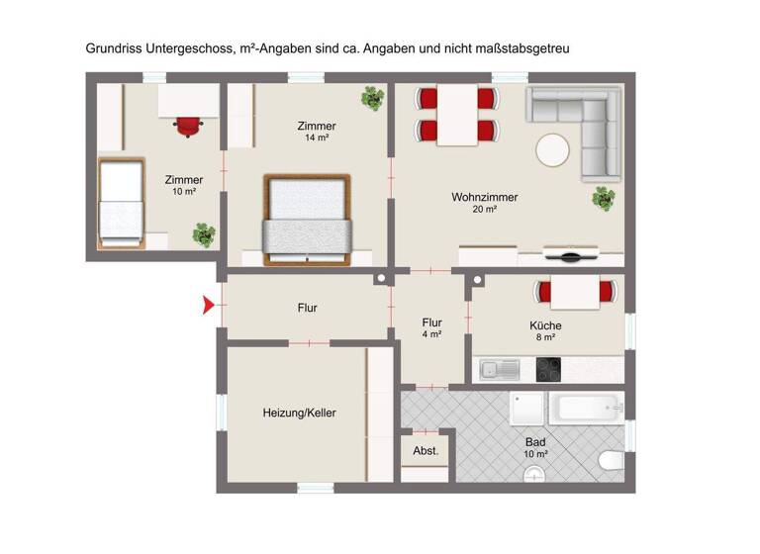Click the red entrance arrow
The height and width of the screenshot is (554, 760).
coord(208,306)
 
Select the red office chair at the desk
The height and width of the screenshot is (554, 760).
coord(188,125)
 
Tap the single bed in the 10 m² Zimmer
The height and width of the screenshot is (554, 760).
coord(123,195)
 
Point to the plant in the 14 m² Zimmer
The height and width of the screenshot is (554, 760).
coord(372,98)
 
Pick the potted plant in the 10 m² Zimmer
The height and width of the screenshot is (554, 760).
coord(204,235)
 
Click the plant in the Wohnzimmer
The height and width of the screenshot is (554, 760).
coord(603,200)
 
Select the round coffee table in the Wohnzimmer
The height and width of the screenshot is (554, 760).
coord(553,151)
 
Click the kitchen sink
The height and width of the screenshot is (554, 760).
coord(501,370)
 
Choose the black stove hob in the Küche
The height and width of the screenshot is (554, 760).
coord(548,369)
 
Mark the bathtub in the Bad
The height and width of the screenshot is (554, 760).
coord(588,406)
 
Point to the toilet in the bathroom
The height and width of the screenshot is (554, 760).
coord(613,459)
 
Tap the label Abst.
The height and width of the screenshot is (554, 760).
coord(426,451)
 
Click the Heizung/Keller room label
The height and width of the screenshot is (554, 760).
coord(299,413)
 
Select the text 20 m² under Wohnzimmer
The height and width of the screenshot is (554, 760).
coord(484,211)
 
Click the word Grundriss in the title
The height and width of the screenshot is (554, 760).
coord(112,46)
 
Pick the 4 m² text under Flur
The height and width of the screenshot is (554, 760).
coord(431,334)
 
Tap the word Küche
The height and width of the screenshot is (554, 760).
coord(545,325)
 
